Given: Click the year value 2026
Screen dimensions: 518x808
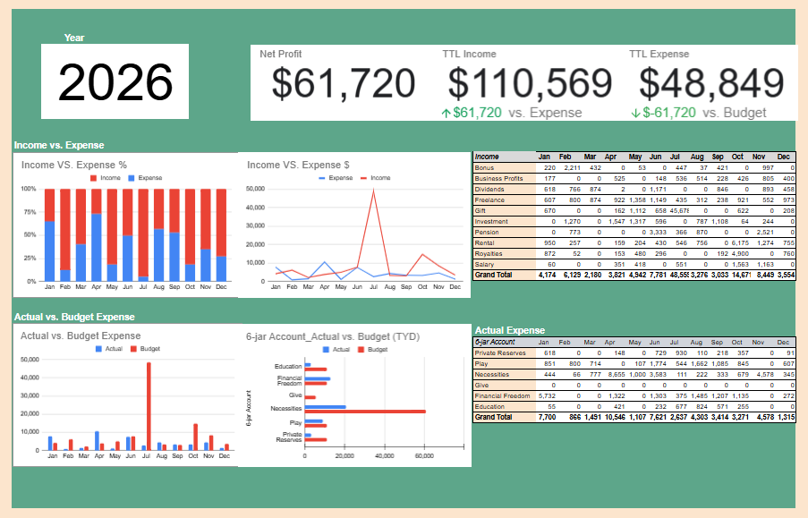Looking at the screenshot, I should click(x=115, y=82).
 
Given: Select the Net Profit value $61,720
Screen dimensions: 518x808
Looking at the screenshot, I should click(x=344, y=83).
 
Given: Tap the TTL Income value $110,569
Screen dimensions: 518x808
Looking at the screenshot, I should click(x=530, y=83).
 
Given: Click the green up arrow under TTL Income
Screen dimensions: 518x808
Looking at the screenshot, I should click(x=447, y=113).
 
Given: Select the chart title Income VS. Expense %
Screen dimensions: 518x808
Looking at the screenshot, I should click(x=74, y=165).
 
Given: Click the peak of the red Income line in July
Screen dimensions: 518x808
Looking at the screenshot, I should click(x=372, y=191).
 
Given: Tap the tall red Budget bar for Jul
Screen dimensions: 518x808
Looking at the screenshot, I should click(x=149, y=405).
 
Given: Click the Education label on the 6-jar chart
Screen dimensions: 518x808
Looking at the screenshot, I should click(x=288, y=367).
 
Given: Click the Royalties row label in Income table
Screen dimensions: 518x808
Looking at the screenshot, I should click(x=492, y=254).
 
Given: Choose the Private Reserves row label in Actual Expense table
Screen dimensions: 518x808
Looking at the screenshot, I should click(x=501, y=352).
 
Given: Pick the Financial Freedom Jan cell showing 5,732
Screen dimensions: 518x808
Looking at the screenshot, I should click(x=546, y=395).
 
